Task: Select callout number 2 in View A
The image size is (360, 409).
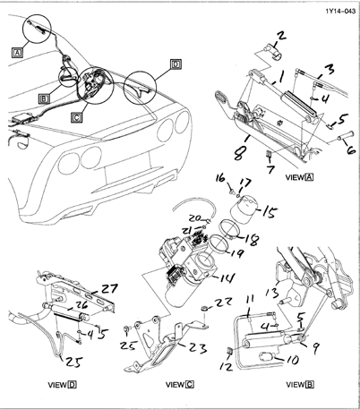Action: [x=280, y=37]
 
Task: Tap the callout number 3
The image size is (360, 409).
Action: [x=329, y=68]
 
